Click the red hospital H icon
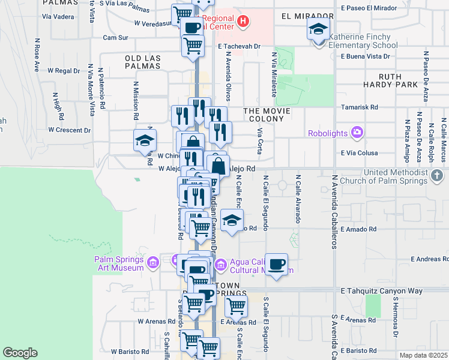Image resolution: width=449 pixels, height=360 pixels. (x=243, y=23)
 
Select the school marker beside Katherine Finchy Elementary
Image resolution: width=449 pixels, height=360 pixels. (x=318, y=28)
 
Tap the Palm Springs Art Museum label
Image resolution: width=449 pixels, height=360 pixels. (x=119, y=263)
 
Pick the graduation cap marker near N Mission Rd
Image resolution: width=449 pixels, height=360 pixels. (x=145, y=140)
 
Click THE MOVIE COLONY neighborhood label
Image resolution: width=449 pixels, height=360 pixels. (x=267, y=116)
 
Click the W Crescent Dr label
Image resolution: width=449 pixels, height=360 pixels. (x=71, y=130)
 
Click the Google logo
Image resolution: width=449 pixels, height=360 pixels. (x=20, y=353)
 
